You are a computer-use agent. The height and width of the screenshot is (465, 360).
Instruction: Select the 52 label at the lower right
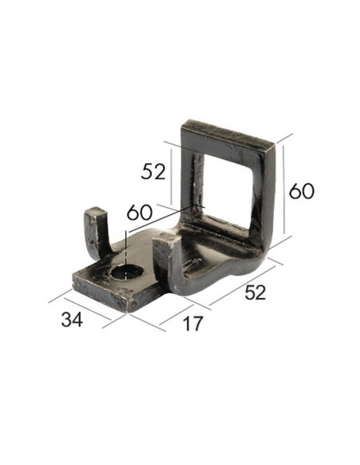(x=254, y=292)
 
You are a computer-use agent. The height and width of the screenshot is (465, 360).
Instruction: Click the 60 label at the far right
(x=302, y=191)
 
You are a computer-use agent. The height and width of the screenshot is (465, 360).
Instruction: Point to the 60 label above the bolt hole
(x=139, y=213)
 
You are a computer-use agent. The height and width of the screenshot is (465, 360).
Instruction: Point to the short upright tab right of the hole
(x=163, y=259)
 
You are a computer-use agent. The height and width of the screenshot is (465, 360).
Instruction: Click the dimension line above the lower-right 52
(x=240, y=283)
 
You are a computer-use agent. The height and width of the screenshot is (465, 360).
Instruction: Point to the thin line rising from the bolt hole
(x=125, y=251)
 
